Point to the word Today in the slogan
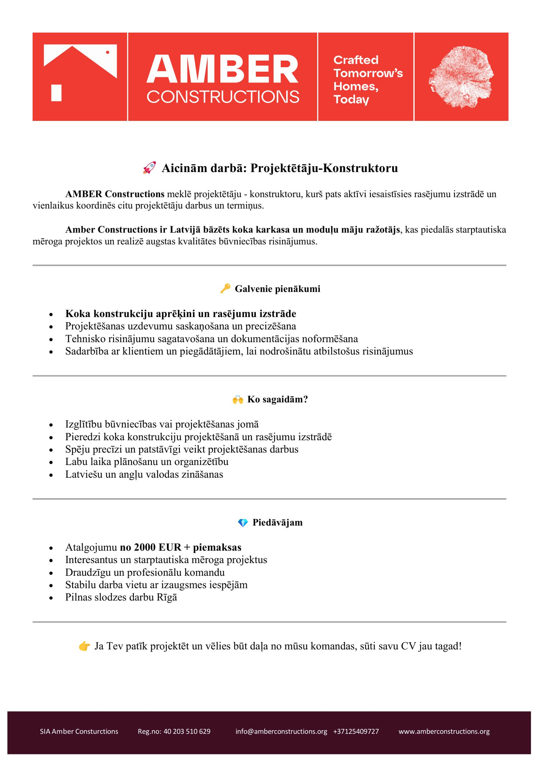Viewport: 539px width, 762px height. point(351,100)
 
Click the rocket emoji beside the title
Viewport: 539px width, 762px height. point(149,168)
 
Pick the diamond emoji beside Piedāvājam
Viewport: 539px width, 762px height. point(243,523)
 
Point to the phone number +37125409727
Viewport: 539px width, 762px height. point(356,731)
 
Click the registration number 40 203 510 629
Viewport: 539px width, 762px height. point(187,731)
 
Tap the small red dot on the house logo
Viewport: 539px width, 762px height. point(107,52)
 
